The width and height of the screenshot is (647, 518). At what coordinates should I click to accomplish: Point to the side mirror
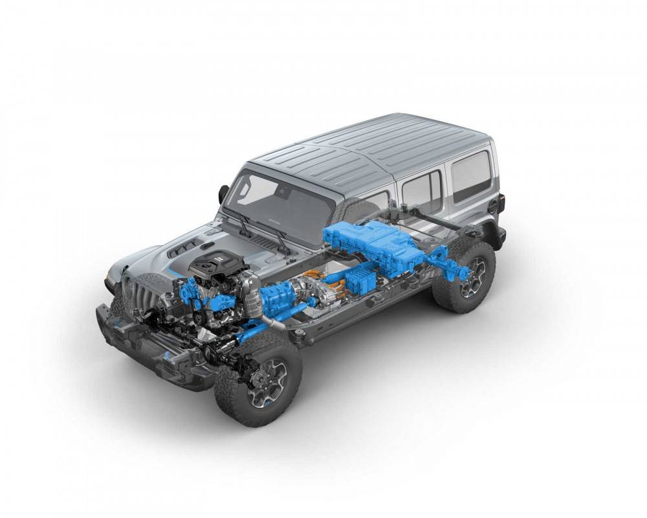point(224,193)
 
